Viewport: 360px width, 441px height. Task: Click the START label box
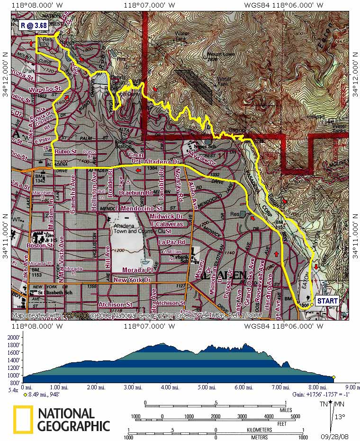click(327, 301)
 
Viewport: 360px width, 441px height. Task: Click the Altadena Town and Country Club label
click(141, 229)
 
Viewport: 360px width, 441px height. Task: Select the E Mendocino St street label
click(139, 208)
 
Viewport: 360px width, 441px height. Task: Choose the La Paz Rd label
click(171, 242)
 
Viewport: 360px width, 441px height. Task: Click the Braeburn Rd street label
click(135, 193)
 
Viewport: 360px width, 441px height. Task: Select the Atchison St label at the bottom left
click(114, 304)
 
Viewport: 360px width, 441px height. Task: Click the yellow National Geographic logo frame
click(23, 420)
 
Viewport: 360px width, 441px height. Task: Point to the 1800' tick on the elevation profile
click(13, 345)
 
